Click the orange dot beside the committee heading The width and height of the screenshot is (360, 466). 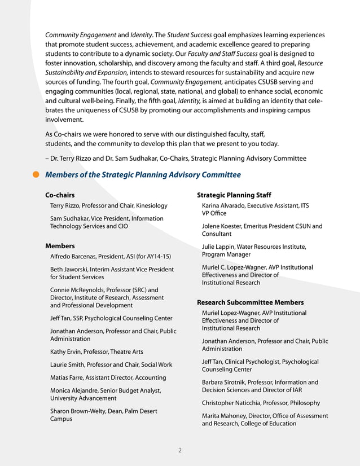(36, 175)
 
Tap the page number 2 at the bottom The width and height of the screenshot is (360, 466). (179, 450)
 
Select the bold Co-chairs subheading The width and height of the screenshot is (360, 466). (60, 195)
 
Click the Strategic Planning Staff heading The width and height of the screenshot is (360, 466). (234, 195)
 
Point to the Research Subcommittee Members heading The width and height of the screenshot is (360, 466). (250, 302)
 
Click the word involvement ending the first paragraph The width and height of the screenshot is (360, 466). (64, 120)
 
